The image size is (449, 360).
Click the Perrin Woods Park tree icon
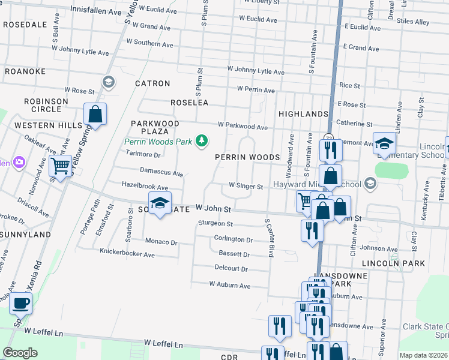click(x=203, y=141)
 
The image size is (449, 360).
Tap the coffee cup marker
click(x=21, y=304)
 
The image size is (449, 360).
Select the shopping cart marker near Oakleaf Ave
click(x=60, y=165)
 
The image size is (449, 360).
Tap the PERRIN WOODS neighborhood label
click(x=247, y=157)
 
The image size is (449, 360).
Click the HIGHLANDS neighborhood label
click(x=303, y=113)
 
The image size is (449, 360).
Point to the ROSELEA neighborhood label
click(x=189, y=103)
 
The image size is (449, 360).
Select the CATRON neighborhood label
click(x=152, y=83)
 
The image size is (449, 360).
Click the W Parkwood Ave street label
click(x=243, y=127)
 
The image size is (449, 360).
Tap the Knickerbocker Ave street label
click(x=127, y=254)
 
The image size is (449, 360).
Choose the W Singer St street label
click(x=246, y=187)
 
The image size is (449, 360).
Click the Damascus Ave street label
click(x=161, y=172)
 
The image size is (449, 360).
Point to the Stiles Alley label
click(x=413, y=22)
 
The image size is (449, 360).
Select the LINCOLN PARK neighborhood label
click(x=393, y=263)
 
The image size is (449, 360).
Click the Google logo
click(x=20, y=353)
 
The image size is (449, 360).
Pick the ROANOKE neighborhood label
click(x=25, y=71)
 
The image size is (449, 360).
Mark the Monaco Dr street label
click(x=161, y=242)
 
